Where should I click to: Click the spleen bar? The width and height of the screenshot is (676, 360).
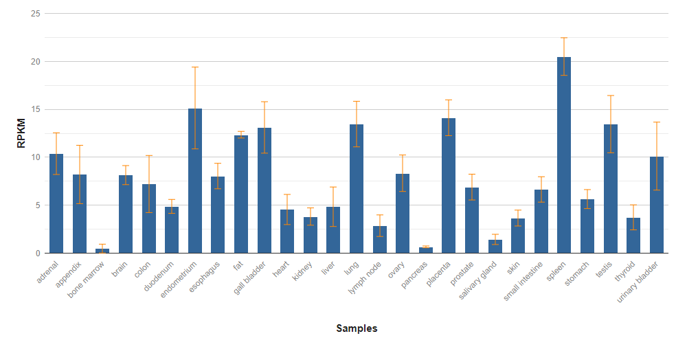point(563,155)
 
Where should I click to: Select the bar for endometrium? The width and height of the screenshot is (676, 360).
point(194,181)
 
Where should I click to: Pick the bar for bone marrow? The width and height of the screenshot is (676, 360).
point(102,251)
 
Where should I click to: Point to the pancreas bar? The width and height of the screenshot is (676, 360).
point(425,250)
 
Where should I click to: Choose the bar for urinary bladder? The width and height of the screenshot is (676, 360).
point(656,205)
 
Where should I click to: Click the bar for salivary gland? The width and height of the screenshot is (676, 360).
point(495,247)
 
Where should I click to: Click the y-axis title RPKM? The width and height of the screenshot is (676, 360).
point(21,133)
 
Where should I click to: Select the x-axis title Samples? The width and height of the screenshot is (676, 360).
point(357,328)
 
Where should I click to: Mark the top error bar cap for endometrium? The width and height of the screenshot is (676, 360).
point(194,67)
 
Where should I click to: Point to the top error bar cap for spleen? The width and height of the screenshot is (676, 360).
point(563,38)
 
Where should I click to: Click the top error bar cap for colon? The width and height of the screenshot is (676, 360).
point(148,156)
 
